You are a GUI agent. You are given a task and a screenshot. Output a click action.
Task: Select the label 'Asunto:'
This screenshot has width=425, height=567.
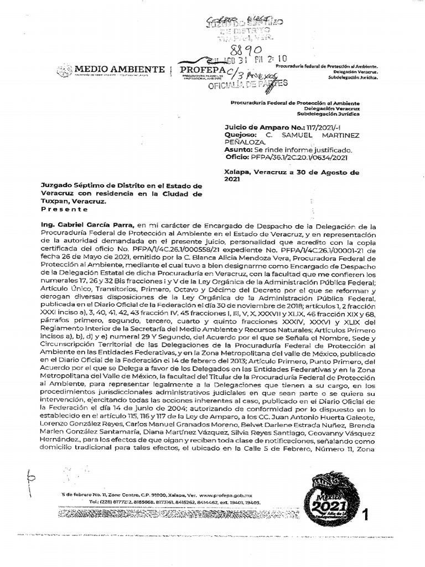pos(239,150)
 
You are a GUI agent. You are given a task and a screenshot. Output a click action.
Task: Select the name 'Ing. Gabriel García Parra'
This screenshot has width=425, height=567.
pos(87,226)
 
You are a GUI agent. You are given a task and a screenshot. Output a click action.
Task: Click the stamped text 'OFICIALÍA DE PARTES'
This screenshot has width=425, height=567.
pos(247,85)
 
